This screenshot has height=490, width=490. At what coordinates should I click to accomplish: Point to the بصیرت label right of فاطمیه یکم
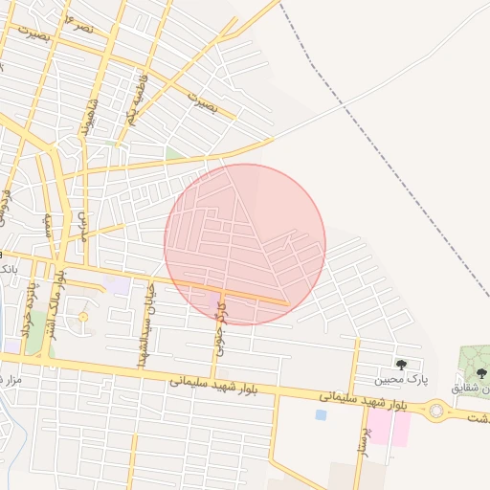click(203, 103)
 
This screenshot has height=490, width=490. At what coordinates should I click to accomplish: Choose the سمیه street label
click(47, 225)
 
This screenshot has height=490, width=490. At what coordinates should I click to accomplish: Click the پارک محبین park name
click(397, 379)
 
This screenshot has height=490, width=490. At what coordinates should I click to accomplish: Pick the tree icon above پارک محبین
click(400, 365)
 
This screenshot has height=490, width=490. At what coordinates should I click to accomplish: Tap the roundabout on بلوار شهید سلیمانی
click(440, 412)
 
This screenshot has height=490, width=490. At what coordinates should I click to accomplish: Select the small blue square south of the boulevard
click(321, 414)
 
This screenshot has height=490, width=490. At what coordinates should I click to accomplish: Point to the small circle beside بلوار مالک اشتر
click(82, 317)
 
